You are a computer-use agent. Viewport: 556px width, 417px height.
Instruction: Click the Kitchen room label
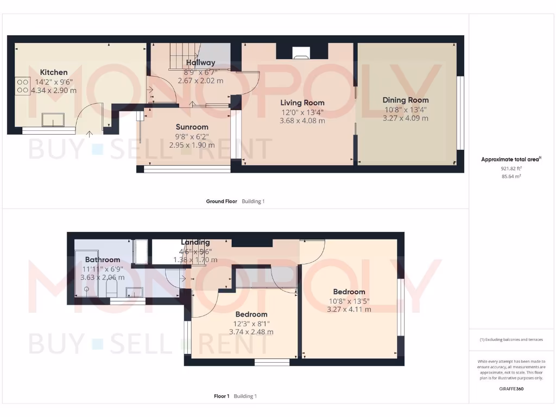54,72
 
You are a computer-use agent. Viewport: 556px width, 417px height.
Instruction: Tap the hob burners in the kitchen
23,86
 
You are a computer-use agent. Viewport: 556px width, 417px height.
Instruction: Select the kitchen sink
53,119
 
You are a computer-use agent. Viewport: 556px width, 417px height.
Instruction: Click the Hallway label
200,63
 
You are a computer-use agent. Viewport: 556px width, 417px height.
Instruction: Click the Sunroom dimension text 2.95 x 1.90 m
192,145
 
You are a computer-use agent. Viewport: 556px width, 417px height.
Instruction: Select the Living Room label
302,103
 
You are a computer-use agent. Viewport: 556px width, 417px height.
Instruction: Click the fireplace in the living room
301,52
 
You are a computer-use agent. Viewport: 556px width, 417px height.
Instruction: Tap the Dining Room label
406,100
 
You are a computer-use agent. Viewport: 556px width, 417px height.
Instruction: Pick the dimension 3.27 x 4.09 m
406,118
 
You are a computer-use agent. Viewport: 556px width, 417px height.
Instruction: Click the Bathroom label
102,260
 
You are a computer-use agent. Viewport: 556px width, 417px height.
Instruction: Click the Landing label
195,242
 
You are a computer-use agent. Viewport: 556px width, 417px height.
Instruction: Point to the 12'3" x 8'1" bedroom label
251,314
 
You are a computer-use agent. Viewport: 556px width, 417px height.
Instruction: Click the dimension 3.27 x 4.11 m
349,309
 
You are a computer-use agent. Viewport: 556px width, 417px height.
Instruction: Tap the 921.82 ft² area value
510,168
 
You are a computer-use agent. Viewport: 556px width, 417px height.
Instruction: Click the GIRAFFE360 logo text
511,389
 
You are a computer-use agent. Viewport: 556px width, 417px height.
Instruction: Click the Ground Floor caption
222,201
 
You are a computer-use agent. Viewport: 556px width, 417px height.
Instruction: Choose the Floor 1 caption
222,396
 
